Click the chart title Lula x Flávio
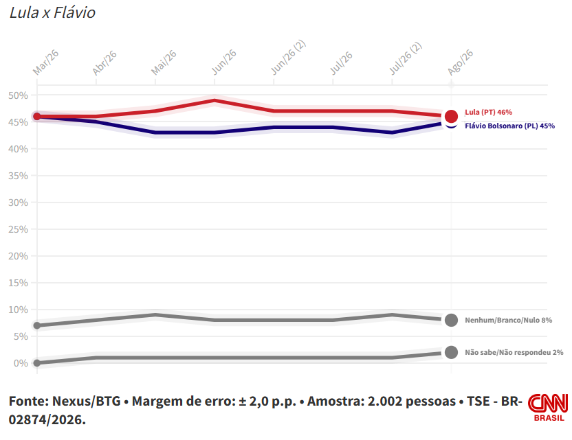pyautogui.click(x=52, y=13)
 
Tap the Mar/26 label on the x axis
pyautogui.click(x=45, y=62)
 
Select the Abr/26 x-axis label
pyautogui.click(x=104, y=62)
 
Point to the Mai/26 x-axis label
pyautogui.click(x=164, y=62)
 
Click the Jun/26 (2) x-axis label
pyautogui.click(x=288, y=57)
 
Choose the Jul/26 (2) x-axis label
pyautogui.click(x=406, y=58)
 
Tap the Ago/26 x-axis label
pyautogui.click(x=461, y=62)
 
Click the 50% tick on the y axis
pyautogui.click(x=19, y=95)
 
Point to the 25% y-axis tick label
pyautogui.click(x=19, y=229)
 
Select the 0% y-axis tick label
pyautogui.click(x=21, y=363)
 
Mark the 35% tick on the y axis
pyautogui.click(x=19, y=176)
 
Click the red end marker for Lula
pyautogui.click(x=451, y=117)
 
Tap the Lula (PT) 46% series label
pyautogui.click(x=488, y=112)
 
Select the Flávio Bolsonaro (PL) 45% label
pyautogui.click(x=509, y=126)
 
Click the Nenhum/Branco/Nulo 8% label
pyautogui.click(x=508, y=320)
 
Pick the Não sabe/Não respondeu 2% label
pyautogui.click(x=514, y=352)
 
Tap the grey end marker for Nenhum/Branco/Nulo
pyautogui.click(x=451, y=320)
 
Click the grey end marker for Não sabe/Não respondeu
pyautogui.click(x=451, y=352)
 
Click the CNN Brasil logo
pyautogui.click(x=549, y=407)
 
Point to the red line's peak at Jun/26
pyautogui.click(x=214, y=100)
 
